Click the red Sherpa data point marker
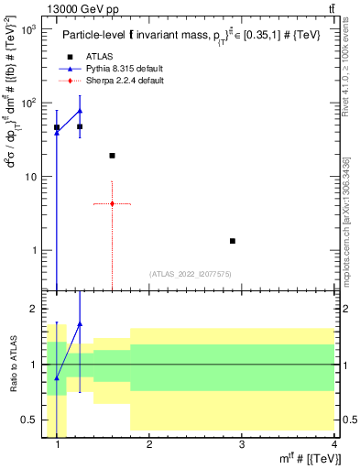point(112,203)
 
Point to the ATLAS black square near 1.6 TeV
point(112,156)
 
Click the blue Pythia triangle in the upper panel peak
point(80,111)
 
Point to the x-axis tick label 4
point(334,445)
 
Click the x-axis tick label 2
point(149,445)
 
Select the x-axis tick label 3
point(242,445)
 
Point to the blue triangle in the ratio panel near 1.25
point(80,323)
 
